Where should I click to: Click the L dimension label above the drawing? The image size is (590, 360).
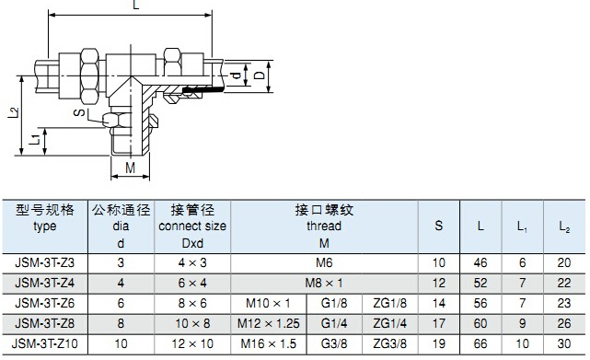coord(136,5)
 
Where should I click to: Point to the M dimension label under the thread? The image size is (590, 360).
coord(130,168)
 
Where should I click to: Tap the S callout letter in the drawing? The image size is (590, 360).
coord(79,112)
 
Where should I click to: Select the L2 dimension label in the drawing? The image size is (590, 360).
coord(14,112)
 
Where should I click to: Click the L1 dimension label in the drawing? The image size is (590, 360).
coord(35,140)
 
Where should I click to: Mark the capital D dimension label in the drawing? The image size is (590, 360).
coord(260,75)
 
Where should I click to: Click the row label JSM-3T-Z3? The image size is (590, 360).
coord(45,262)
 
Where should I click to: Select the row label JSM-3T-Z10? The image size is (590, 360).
coord(45,343)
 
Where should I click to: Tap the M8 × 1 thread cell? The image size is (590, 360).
coord(324,283)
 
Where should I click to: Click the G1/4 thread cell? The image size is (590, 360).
coord(334,323)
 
